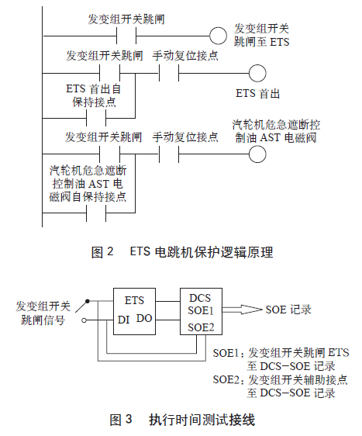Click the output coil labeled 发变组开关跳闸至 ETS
point(221,35)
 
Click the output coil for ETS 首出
point(257,72)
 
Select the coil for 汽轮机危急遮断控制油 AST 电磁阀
point(257,149)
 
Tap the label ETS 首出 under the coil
point(258,93)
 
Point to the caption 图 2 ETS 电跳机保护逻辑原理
point(181,252)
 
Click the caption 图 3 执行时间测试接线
point(182,420)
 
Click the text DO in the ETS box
point(144,319)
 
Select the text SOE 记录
point(288,310)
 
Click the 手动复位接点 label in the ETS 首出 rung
point(185,55)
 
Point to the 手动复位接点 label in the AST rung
point(185,137)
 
